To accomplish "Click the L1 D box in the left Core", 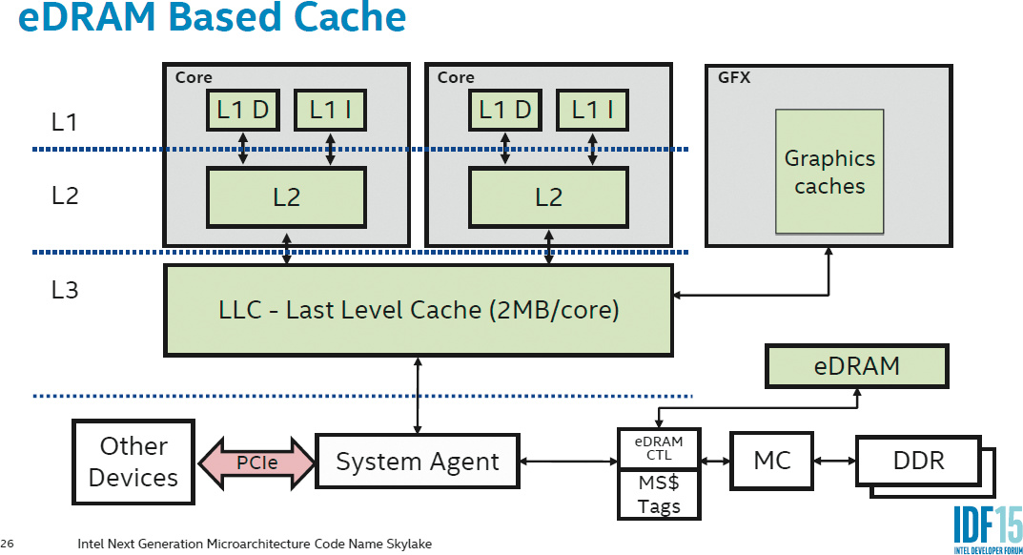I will [243, 111].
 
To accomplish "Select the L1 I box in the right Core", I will [592, 111].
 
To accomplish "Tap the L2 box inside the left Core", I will [286, 197].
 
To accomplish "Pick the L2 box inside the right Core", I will [548, 197].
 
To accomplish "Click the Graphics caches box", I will [829, 172].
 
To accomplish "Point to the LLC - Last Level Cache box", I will [419, 310].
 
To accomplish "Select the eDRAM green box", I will [856, 365].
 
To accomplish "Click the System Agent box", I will [418, 462].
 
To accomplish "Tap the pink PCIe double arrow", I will [255, 462].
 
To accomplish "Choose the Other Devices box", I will [133, 462].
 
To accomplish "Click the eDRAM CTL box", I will [659, 448].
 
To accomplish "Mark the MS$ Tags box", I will [659, 496].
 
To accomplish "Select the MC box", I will [771, 462].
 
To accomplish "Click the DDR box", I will [918, 462].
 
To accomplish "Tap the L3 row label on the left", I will [65, 291].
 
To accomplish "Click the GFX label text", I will [734, 78].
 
